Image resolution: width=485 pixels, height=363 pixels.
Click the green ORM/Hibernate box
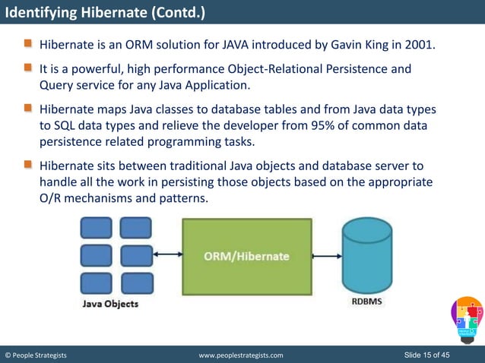[x=246, y=256]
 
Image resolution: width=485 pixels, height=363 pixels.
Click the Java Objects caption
[x=110, y=304]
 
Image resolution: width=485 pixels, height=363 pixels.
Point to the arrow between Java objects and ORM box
[x=167, y=256]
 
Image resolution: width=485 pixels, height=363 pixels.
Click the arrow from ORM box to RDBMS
[x=327, y=256]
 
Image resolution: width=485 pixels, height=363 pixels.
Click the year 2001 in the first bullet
[x=420, y=45]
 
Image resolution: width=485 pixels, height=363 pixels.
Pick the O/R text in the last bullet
[x=52, y=197]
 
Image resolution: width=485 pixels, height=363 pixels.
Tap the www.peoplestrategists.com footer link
[x=240, y=355]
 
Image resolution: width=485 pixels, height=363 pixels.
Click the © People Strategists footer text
[x=36, y=355]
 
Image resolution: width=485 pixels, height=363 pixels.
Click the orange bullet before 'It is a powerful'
[x=28, y=69]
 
